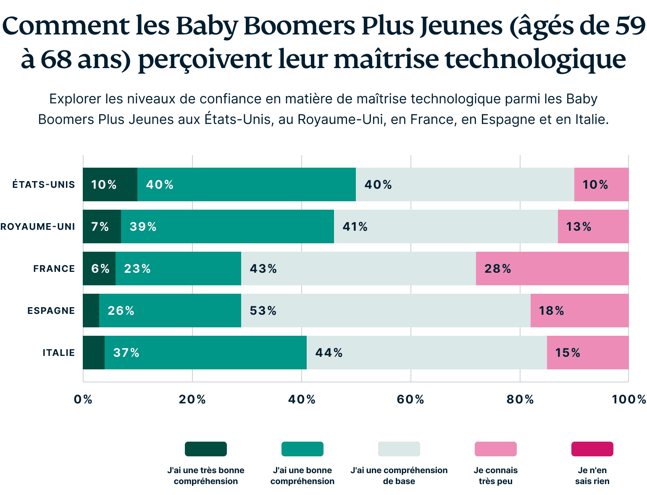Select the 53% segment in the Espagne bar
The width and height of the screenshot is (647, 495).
click(x=386, y=311)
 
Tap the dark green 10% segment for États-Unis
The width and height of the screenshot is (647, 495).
click(x=110, y=184)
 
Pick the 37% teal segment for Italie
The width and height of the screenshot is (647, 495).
click(x=205, y=353)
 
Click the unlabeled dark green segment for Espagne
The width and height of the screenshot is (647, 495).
click(x=91, y=311)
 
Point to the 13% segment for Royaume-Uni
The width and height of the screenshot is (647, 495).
click(x=593, y=226)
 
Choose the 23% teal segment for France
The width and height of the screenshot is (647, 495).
click(x=178, y=269)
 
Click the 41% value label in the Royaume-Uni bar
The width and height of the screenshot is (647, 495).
click(x=355, y=227)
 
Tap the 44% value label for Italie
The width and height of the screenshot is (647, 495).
click(x=329, y=353)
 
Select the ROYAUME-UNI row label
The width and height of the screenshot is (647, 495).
click(x=38, y=227)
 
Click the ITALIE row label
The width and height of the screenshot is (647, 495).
click(x=59, y=353)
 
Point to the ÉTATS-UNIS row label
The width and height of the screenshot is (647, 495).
click(x=44, y=185)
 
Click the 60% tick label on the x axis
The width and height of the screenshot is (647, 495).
click(x=410, y=400)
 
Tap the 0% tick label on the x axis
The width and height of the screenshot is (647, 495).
click(x=83, y=400)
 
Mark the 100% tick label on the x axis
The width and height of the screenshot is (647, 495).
click(x=629, y=400)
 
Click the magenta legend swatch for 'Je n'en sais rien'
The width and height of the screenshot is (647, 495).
click(x=592, y=449)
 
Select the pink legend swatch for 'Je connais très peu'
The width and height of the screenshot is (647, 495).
click(x=495, y=449)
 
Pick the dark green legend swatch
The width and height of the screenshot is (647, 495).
click(x=206, y=449)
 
